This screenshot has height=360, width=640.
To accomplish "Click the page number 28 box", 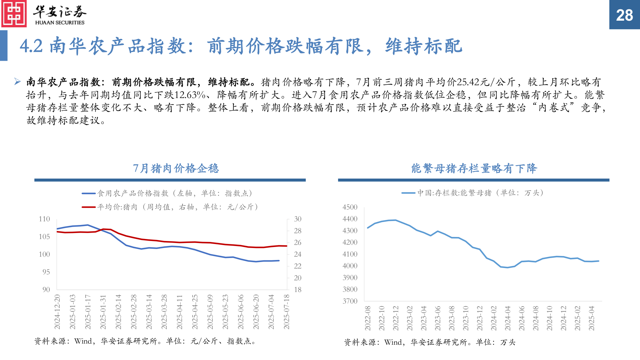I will click(624, 15).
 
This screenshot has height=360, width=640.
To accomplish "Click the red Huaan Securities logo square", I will click(14, 14).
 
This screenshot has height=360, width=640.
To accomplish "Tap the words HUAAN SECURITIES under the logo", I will click(60, 23).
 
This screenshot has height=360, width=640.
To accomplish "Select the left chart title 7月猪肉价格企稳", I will click(176, 168).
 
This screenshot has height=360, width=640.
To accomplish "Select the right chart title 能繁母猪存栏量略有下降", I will click(474, 168).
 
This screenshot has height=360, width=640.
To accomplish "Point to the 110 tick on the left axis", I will click(44, 219).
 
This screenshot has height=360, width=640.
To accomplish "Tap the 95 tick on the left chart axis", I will click(46, 272).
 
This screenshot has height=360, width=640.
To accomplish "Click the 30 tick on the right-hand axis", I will click(298, 219).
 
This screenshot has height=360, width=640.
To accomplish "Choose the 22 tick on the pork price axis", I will click(298, 266).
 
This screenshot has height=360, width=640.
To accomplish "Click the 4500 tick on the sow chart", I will click(350, 207).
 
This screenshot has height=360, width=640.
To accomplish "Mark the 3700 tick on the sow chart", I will click(350, 301).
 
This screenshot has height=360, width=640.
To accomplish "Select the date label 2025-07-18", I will click(287, 312).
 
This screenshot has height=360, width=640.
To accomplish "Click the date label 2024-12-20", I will click(57, 312).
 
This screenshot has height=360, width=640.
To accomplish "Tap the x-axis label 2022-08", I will click(368, 318).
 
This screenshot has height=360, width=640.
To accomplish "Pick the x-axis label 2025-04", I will click(592, 318).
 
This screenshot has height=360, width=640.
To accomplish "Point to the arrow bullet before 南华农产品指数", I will click(18, 81).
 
